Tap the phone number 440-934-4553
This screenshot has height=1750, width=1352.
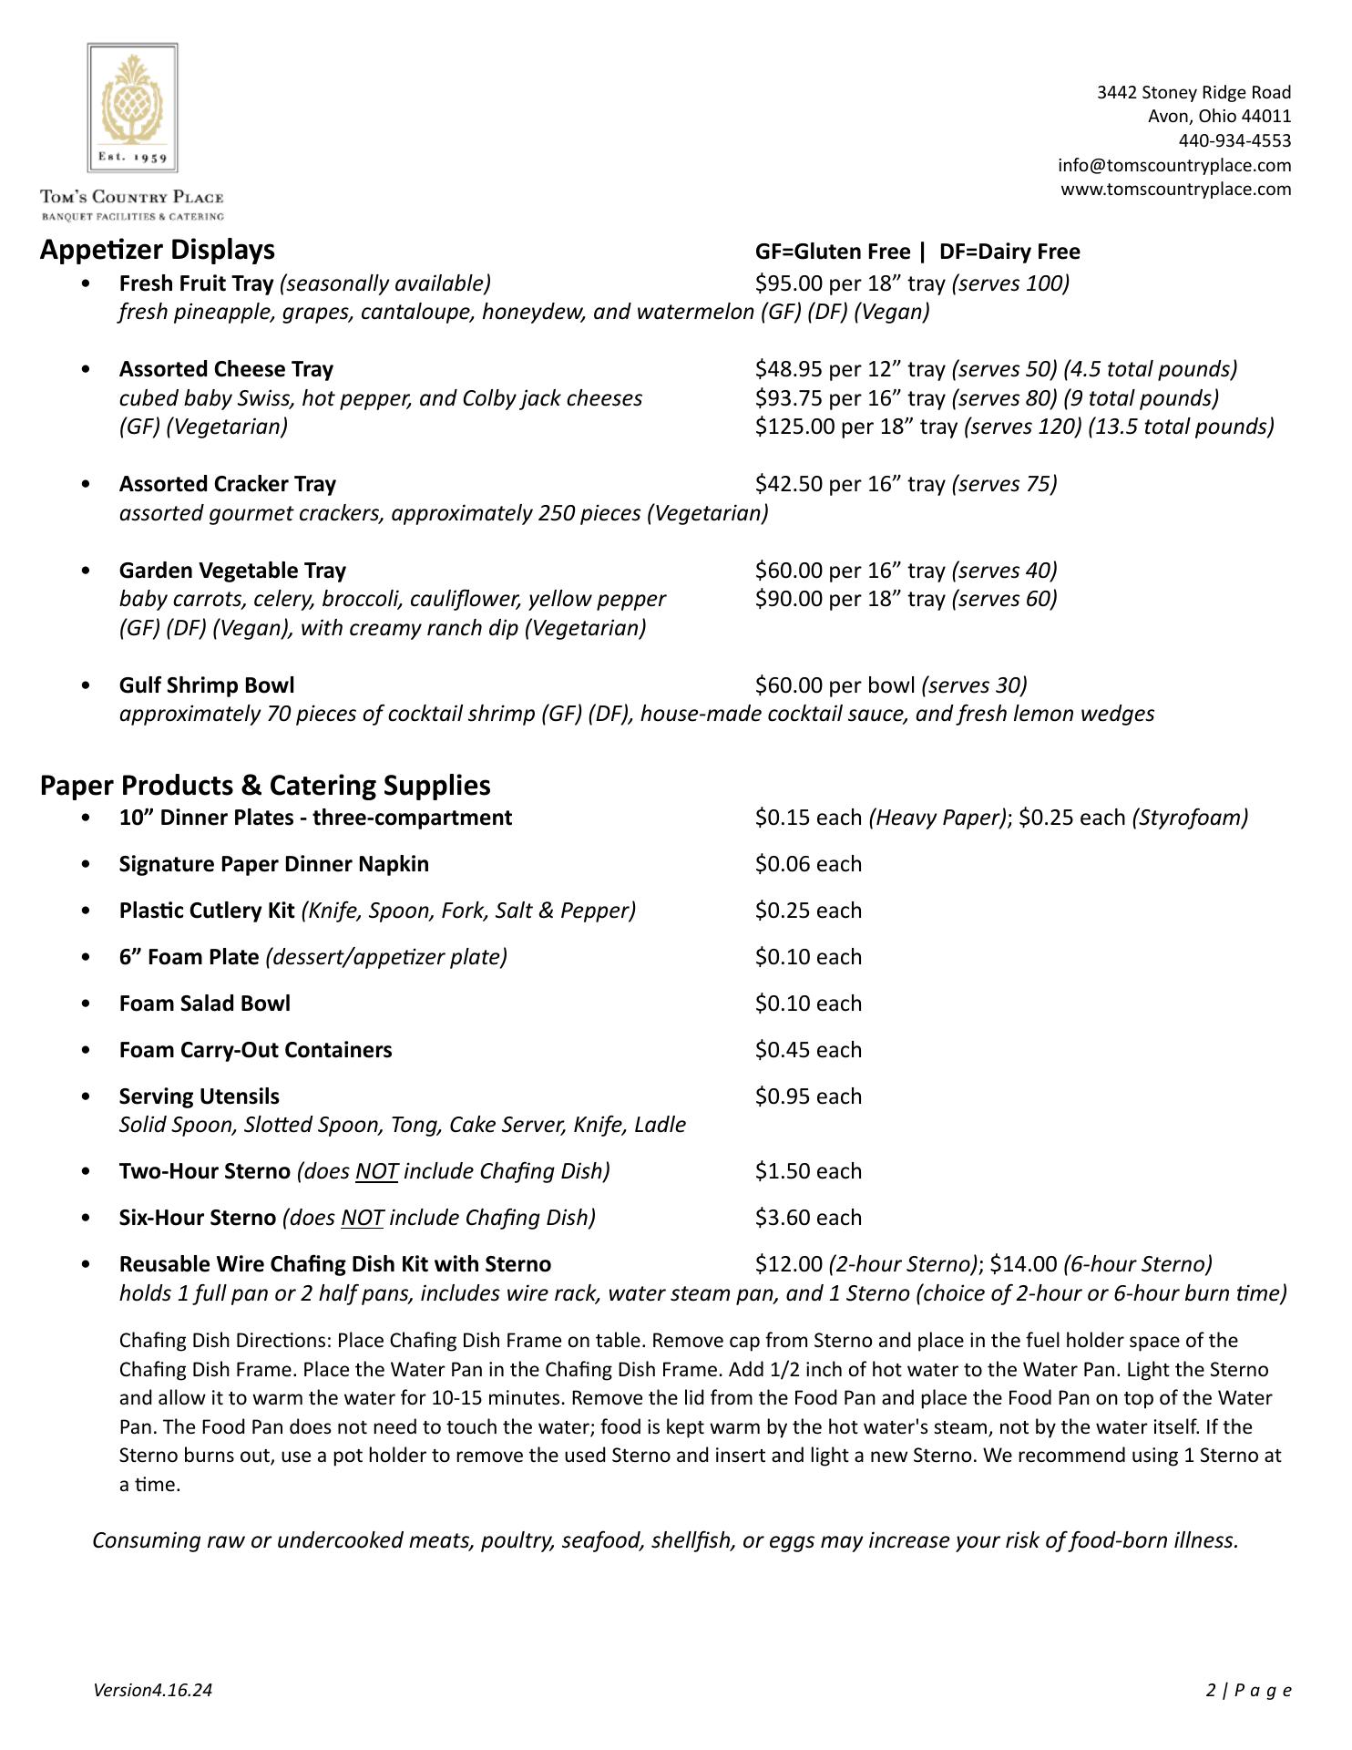(1234, 140)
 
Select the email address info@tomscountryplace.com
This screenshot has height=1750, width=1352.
(1174, 165)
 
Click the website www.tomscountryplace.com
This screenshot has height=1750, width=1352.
(1175, 189)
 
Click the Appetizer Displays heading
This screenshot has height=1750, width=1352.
(157, 250)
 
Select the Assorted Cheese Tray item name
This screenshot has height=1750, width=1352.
(226, 369)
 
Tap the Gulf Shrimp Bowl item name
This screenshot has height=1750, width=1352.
(207, 685)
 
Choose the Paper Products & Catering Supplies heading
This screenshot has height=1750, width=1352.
(265, 786)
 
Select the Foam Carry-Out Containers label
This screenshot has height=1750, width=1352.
(255, 1050)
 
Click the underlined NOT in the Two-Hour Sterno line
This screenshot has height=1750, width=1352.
(376, 1171)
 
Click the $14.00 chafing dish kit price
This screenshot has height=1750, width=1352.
(1023, 1264)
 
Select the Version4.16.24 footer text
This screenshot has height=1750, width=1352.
(152, 1691)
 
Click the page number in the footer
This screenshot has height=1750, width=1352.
(1211, 1691)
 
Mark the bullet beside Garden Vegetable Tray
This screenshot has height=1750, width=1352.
(86, 571)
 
